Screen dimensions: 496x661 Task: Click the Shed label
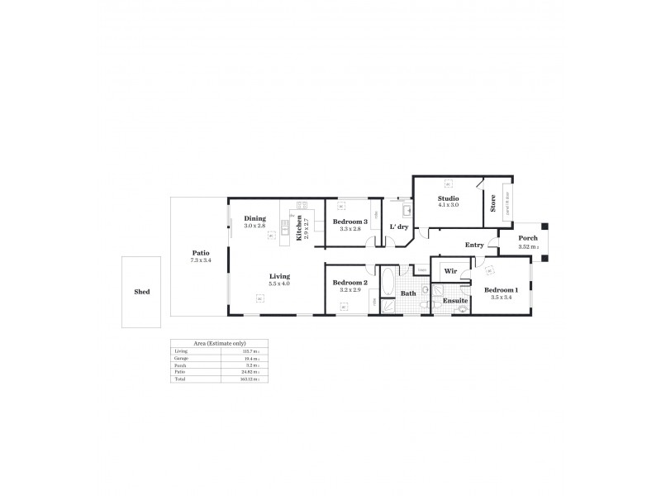pos(142,292)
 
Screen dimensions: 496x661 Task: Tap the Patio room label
pos(200,253)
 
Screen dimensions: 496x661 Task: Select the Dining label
pos(254,218)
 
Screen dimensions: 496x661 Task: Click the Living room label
pos(278,276)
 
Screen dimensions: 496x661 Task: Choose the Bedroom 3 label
pos(351,222)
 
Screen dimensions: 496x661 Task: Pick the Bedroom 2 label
pos(350,283)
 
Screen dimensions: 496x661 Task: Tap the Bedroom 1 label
pos(502,289)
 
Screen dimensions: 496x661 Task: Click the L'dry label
pos(399,227)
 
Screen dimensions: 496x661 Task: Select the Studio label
pos(448,198)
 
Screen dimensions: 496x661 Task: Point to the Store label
pos(493,203)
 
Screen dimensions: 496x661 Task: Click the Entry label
pos(474,245)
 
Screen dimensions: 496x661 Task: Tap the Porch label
pos(527,238)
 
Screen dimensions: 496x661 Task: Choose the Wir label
pos(450,270)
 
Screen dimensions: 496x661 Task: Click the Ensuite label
pos(454,300)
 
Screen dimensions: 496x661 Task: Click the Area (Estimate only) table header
pos(219,343)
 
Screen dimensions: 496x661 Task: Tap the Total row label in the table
pos(181,380)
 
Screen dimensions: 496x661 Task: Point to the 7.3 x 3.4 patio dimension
pos(200,260)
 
